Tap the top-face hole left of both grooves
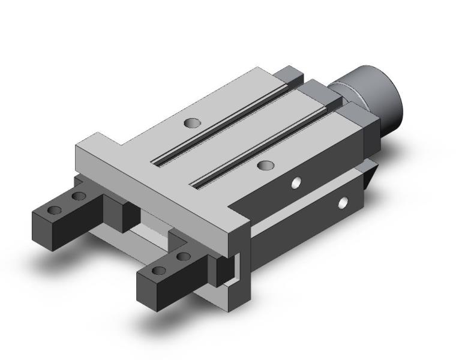[192, 123]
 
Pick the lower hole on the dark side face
[343, 203]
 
